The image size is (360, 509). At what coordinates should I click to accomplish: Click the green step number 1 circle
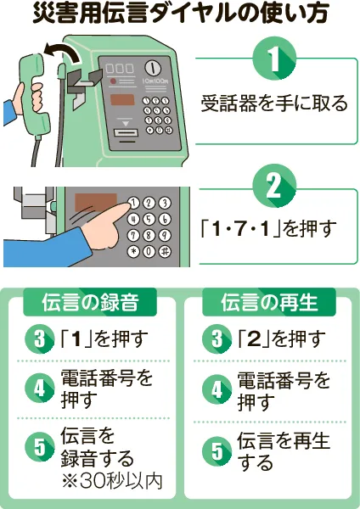pos(274,59)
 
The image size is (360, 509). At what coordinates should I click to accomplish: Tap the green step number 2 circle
pos(274,186)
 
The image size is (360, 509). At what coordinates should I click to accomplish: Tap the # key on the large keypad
pos(165,252)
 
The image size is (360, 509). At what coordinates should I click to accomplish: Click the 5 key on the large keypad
pos(149,219)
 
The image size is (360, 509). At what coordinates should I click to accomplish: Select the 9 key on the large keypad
pos(165,235)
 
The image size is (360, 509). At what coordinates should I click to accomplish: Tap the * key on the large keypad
pos(133,252)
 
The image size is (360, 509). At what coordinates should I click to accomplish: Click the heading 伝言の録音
pos(90,302)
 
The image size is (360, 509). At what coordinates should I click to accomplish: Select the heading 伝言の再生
pos(269,302)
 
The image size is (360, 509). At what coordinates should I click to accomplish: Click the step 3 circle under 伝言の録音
pos(40,339)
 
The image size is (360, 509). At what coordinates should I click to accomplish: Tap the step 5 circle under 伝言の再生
pos(217,451)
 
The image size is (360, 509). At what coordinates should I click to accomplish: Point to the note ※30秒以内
pos(111,481)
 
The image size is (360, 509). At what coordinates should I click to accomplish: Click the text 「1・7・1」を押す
pos(268,228)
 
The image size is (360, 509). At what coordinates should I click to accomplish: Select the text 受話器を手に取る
pos(274,103)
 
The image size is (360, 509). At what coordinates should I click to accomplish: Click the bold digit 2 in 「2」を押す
pos(254,339)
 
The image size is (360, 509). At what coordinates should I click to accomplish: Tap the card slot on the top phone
pos(126,133)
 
